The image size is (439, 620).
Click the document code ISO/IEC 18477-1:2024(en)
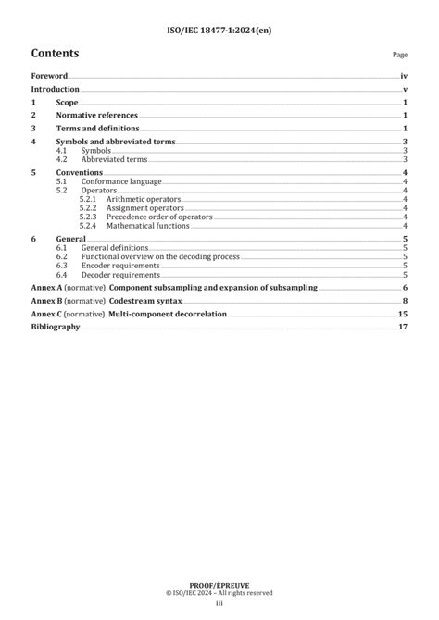219,31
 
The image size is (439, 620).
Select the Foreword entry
49,75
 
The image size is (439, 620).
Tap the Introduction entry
56,89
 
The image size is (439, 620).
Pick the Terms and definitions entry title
97,129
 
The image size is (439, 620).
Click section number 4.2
62,159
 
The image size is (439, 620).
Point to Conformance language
119,182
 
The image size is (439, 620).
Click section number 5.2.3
88,217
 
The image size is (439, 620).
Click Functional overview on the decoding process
161,256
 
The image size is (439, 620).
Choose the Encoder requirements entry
120,266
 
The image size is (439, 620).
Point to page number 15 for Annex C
403,315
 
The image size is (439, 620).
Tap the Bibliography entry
56,328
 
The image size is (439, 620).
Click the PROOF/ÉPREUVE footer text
219,586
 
